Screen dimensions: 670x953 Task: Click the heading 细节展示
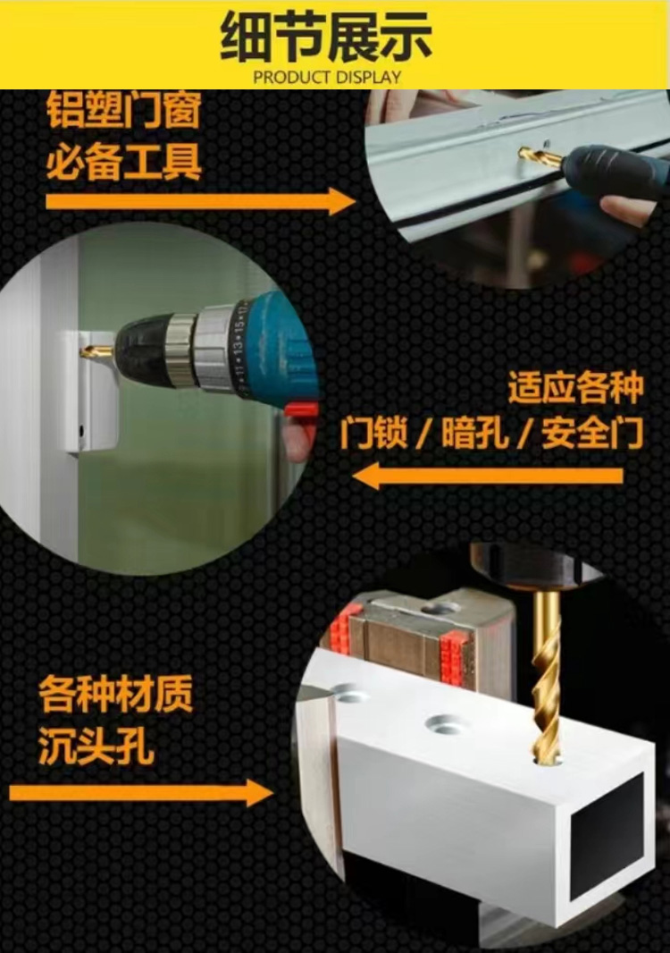pyautogui.click(x=325, y=37)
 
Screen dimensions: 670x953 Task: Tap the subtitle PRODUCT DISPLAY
pyautogui.click(x=327, y=78)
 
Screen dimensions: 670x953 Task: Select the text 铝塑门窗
pyautogui.click(x=124, y=110)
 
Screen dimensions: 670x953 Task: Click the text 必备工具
pyautogui.click(x=124, y=161)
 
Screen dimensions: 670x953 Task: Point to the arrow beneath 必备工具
pyautogui.click(x=200, y=201)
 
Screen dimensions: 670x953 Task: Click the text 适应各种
pyautogui.click(x=575, y=387)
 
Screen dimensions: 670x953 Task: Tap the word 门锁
pyautogui.click(x=373, y=433)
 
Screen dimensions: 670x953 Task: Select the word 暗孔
pyautogui.click(x=474, y=433)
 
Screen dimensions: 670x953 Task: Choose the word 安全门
pyautogui.click(x=592, y=433)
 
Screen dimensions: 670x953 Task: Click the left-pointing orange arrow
pyautogui.click(x=488, y=476)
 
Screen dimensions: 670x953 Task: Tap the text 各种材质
pyautogui.click(x=115, y=695)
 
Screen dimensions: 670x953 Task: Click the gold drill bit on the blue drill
pyautogui.click(x=97, y=350)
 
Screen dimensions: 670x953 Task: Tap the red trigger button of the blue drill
pyautogui.click(x=303, y=409)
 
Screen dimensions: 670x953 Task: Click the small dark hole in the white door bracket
pyautogui.click(x=80, y=432)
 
